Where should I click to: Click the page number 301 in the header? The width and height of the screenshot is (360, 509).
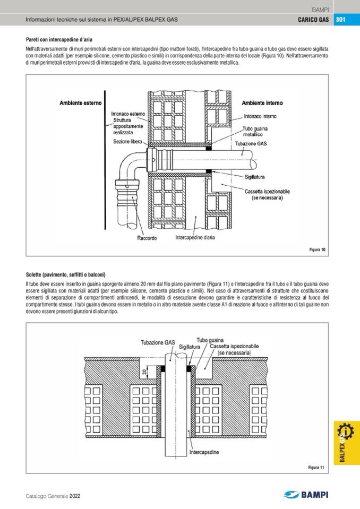click(x=340, y=20)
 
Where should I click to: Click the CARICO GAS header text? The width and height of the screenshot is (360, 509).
click(x=313, y=20)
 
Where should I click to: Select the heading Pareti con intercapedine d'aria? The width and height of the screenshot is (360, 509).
click(x=59, y=39)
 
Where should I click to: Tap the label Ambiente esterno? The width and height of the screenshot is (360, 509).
click(x=80, y=103)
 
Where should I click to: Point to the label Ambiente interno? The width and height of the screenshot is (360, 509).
click(x=262, y=103)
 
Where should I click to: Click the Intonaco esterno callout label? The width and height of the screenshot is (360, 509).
click(x=128, y=114)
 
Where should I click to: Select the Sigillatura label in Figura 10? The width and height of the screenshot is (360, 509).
click(x=255, y=177)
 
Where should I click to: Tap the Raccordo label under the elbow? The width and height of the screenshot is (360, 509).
click(x=147, y=238)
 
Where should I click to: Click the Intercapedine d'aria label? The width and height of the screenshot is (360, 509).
click(x=195, y=238)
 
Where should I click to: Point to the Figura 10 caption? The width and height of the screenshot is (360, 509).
click(x=317, y=249)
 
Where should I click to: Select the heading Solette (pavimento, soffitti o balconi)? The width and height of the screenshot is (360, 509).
click(x=66, y=275)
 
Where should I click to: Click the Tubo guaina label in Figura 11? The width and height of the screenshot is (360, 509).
click(x=210, y=340)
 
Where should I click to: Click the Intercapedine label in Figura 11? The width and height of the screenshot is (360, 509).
click(x=204, y=453)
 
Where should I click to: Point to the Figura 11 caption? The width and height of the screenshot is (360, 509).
click(x=316, y=467)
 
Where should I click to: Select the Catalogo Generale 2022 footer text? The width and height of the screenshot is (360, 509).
click(x=53, y=496)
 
